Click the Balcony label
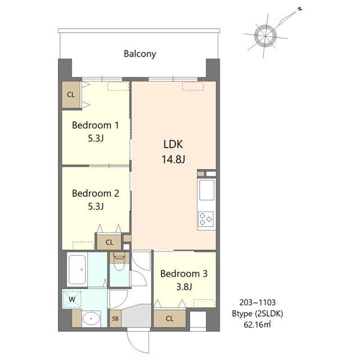[140, 54]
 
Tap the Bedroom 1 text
[95, 125]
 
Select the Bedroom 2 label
[96, 193]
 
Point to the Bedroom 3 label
[184, 274]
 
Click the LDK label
[173, 145]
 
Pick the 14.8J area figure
[173, 159]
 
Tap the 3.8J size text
[184, 287]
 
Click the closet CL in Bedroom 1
[71, 94]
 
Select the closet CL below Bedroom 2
[109, 242]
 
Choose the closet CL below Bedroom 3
[169, 318]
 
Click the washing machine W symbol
[72, 299]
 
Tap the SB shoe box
[115, 319]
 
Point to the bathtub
[78, 269]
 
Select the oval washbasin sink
[91, 319]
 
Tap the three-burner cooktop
[206, 219]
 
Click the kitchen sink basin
[206, 190]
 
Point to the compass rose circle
[265, 36]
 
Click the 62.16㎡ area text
[257, 325]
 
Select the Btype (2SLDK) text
[258, 314]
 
